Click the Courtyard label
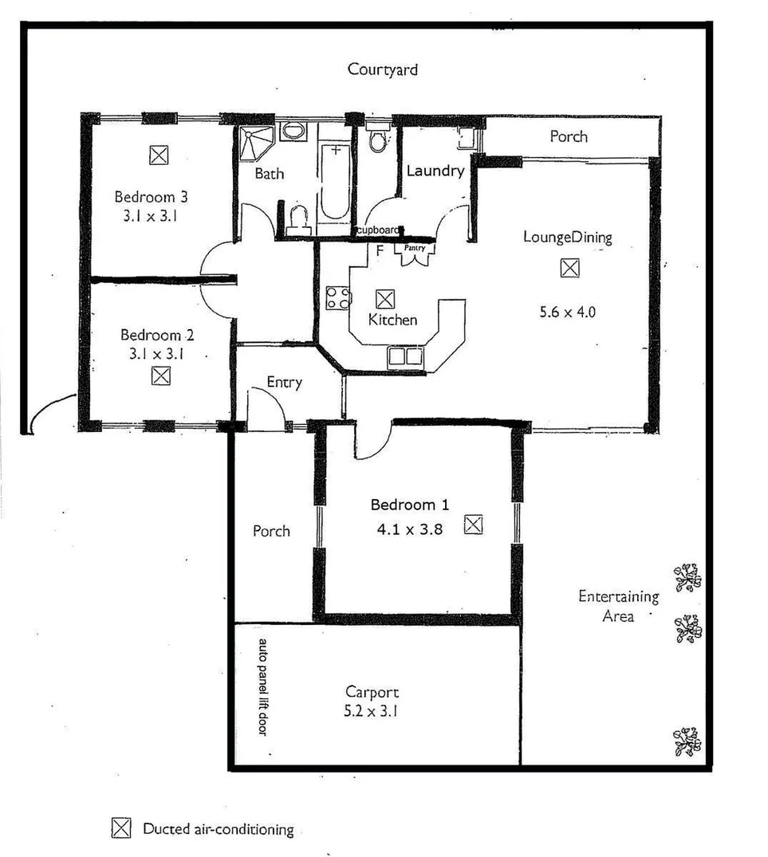click(382, 69)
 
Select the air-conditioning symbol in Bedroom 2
click(160, 375)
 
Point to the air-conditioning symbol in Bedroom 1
click(474, 524)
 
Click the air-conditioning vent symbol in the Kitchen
click(384, 299)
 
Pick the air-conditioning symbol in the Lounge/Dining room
click(569, 268)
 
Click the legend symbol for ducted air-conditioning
click(120, 828)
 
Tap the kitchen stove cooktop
click(337, 297)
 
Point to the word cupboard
click(377, 230)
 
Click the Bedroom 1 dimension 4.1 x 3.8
click(410, 526)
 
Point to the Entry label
click(284, 382)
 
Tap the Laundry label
click(435, 171)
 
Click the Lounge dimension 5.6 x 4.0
click(568, 312)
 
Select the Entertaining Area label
click(619, 606)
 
